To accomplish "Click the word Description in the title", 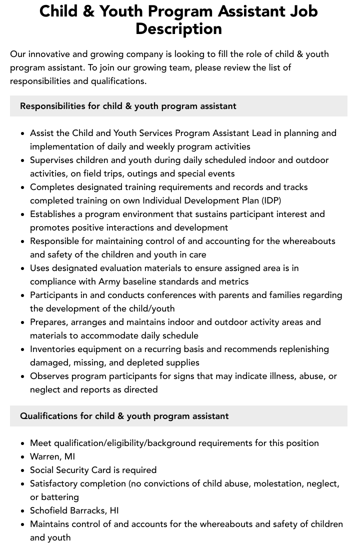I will click(178, 28).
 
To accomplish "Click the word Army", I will click(109, 281).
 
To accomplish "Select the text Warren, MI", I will click(52, 456).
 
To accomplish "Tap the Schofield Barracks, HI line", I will click(74, 510).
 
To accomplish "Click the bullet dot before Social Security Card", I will click(22, 470).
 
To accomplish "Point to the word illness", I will click(278, 376).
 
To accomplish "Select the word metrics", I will click(233, 281).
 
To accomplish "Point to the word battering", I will click(60, 497).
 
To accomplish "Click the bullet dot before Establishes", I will click(22, 214).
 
